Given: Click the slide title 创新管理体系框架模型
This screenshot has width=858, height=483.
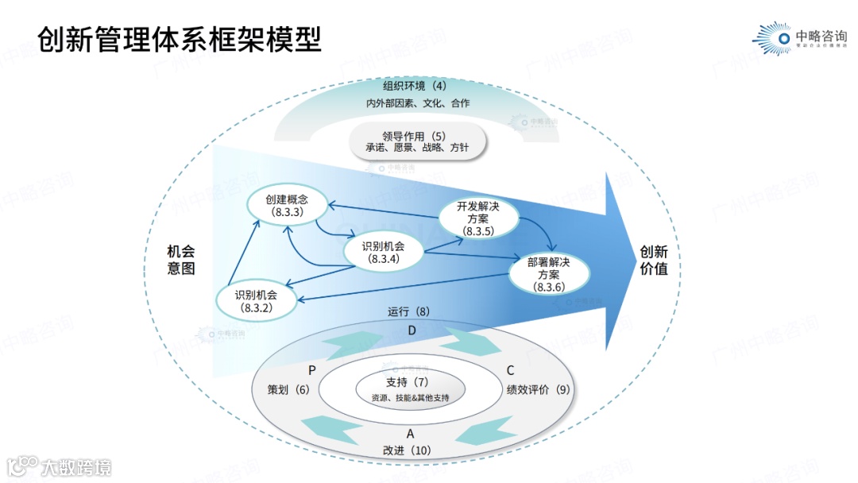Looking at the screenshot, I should (x=180, y=38).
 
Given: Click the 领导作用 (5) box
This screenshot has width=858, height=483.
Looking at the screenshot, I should (x=418, y=141).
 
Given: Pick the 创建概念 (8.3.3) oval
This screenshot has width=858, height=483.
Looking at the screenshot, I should (x=287, y=204).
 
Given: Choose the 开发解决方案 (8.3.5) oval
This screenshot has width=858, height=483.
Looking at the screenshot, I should (x=478, y=218).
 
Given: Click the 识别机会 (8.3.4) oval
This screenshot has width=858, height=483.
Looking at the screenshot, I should (x=383, y=252).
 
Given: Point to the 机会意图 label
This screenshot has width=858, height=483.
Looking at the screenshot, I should (x=181, y=260).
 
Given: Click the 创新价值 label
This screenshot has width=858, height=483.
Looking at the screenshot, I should (x=654, y=261).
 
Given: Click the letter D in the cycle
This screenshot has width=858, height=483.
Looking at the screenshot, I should (x=412, y=330).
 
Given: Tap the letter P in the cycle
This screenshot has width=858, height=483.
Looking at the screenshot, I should (x=312, y=371).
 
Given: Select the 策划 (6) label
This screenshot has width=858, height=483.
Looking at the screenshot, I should (x=288, y=390).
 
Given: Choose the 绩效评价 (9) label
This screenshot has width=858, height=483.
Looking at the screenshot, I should (x=538, y=390).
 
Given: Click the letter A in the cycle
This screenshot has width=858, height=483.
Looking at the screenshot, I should (x=411, y=434).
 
